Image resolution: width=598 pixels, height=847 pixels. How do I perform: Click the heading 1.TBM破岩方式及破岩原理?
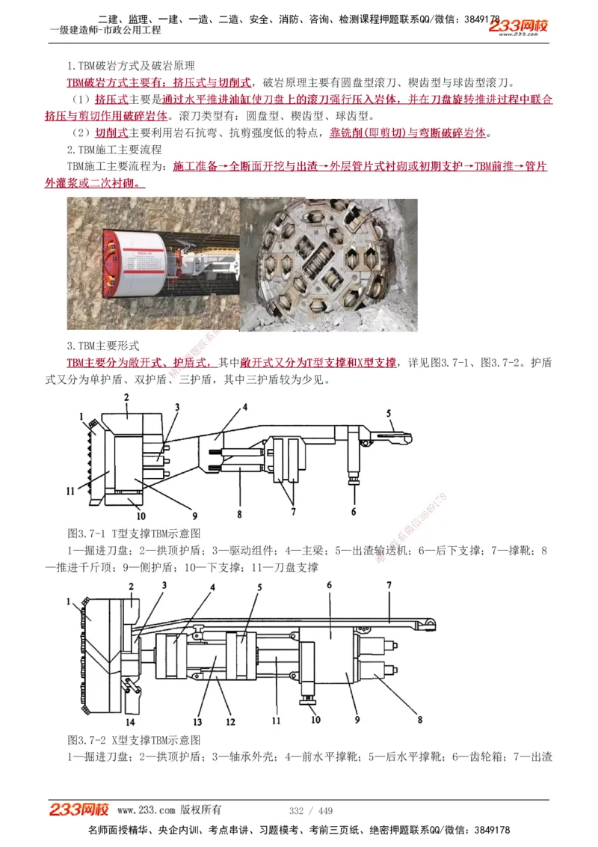click(x=131, y=67)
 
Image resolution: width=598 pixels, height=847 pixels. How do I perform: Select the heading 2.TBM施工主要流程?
click(x=114, y=150)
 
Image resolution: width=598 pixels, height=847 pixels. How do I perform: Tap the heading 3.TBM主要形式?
click(x=103, y=346)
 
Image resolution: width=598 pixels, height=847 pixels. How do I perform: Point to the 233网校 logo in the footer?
click(x=79, y=810)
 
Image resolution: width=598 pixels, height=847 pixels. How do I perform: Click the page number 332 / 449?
click(x=310, y=811)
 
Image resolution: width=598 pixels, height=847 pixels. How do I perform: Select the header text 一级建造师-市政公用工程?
click(x=105, y=31)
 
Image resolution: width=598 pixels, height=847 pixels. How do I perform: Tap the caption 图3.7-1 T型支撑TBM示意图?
click(x=134, y=533)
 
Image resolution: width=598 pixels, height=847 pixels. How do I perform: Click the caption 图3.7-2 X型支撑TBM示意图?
click(x=134, y=740)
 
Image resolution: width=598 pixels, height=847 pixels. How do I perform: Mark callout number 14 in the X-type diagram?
click(x=130, y=722)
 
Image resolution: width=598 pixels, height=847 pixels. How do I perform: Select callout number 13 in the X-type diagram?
click(x=197, y=722)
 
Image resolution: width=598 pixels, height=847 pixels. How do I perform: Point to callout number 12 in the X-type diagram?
click(x=230, y=722)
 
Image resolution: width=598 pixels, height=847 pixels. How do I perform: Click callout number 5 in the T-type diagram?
click(x=389, y=413)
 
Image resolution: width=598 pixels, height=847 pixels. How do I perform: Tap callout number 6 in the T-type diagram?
click(x=354, y=512)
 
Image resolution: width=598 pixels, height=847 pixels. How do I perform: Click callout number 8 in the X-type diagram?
click(x=420, y=720)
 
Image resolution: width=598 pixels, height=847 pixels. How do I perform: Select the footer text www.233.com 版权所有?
click(x=169, y=810)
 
